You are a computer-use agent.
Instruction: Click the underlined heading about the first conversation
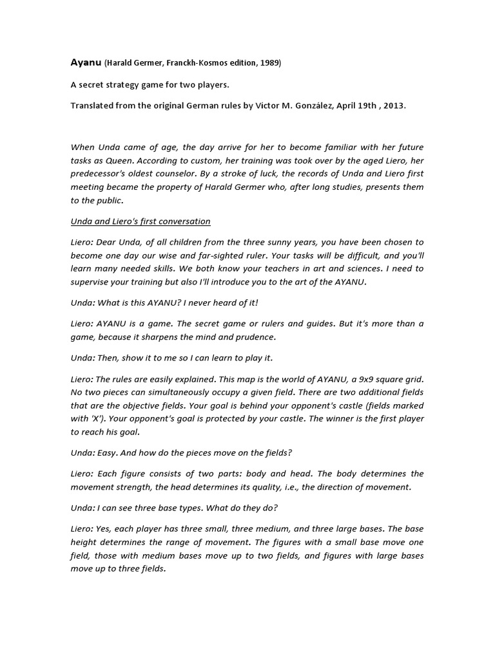141,221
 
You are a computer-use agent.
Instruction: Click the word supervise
91,283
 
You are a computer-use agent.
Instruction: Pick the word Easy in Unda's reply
106,452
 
